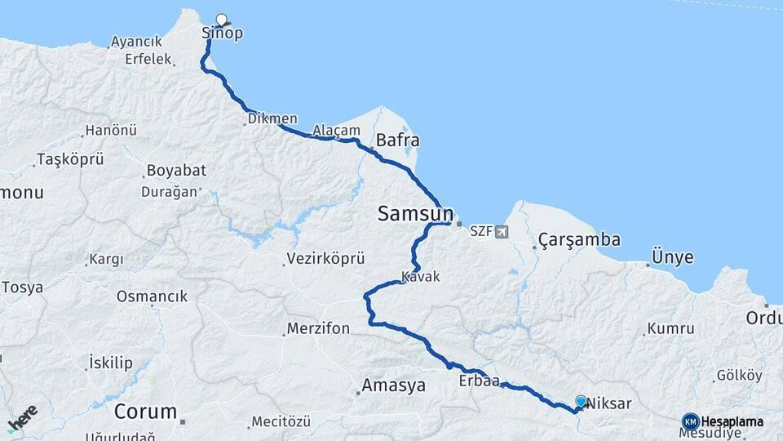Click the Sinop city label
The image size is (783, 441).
click(222, 33)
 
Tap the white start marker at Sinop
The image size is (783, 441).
click(221, 20)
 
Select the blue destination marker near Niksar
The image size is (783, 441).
click(580, 401)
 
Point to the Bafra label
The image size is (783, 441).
click(397, 140)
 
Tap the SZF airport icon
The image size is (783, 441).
click(500, 231)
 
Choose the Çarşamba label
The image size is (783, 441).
click(579, 240)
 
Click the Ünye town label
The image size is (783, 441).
click(672, 258)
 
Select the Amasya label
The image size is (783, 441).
click(394, 385)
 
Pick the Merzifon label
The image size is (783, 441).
click(318, 329)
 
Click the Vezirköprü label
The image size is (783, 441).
click(325, 260)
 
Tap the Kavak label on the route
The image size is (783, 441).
click(421, 277)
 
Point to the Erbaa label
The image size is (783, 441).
click(478, 380)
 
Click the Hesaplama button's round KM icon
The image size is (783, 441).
click(690, 421)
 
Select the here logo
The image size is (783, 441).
click(22, 418)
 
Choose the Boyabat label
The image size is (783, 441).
click(175, 171)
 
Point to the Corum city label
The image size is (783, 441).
click(145, 411)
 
